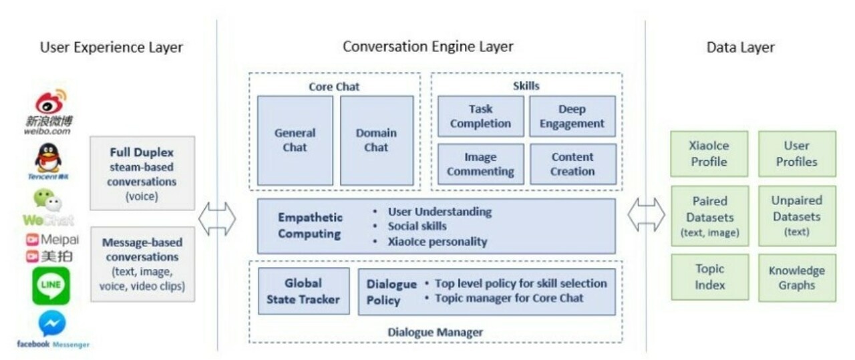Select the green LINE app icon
51,285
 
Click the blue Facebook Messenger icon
52,324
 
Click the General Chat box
295,140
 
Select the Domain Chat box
376,140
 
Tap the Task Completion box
480,116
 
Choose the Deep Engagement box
572,116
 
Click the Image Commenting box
480,164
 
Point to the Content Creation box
572,164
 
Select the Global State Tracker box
303,291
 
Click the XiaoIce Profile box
709,154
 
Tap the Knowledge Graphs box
797,277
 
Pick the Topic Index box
709,277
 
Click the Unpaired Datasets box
797,216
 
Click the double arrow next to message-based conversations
218,220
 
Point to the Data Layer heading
740,47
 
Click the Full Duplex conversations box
142,173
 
